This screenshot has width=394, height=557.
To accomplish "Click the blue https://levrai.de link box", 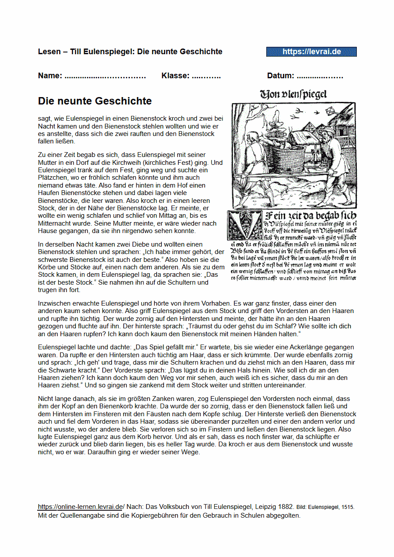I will click(311, 52).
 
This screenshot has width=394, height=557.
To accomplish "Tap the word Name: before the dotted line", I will click(50, 76).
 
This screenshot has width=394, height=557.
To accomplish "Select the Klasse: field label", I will click(175, 76).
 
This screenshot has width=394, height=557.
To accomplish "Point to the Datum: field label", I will click(280, 76).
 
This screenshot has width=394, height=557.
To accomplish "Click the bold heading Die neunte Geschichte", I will click(95, 101).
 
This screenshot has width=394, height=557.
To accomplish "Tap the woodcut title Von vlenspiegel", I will click(293, 94).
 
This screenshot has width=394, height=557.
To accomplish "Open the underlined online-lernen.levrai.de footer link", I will click(80, 507).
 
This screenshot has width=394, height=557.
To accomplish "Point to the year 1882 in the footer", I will click(284, 507).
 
